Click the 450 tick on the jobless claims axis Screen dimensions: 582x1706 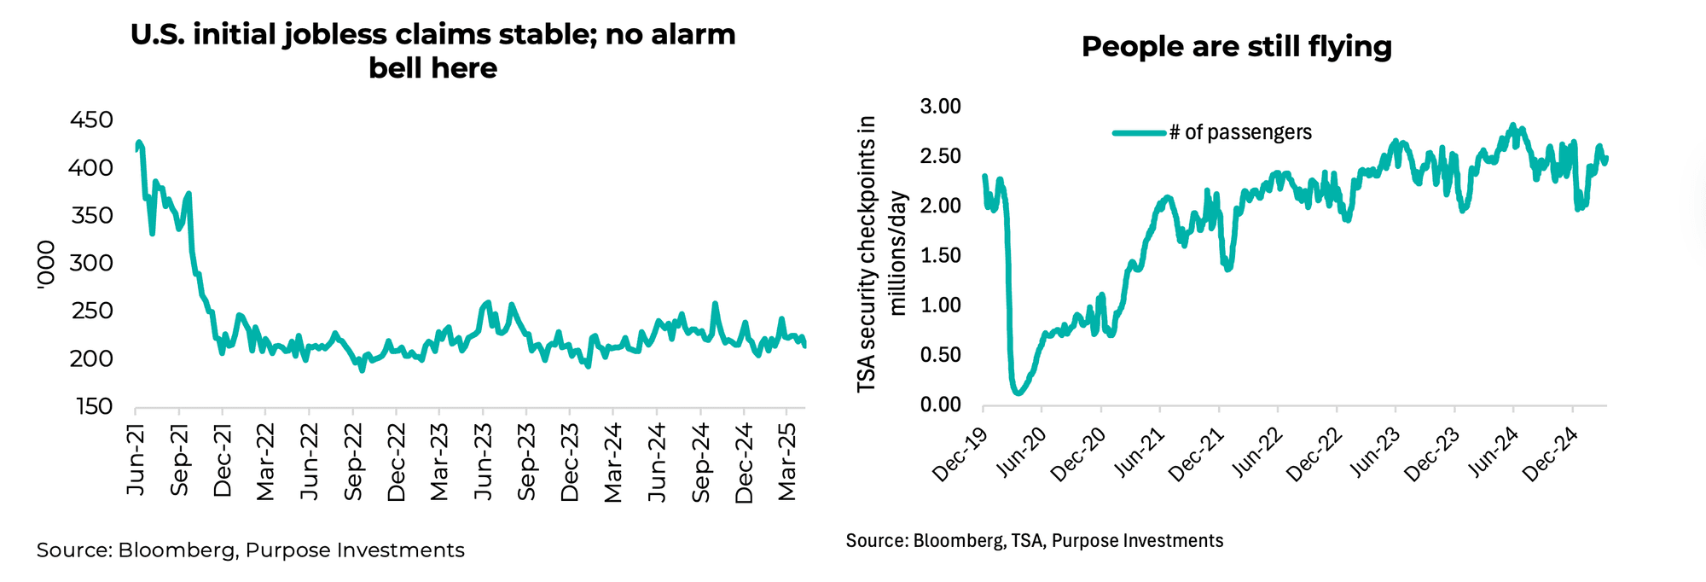[x=91, y=120]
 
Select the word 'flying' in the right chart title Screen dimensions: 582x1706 [x=1349, y=47]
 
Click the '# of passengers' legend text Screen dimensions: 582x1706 [x=1240, y=132]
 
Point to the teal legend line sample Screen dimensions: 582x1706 [x=1139, y=132]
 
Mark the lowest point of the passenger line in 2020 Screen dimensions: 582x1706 [x=1017, y=393]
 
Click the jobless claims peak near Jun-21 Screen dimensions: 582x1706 [x=138, y=143]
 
